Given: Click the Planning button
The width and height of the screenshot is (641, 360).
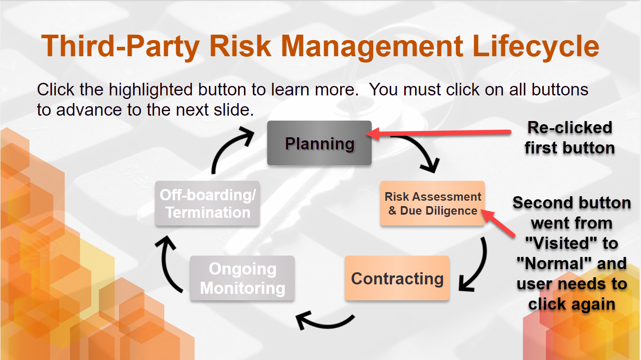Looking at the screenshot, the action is tap(319, 143).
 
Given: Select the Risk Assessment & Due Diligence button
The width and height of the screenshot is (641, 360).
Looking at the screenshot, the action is tap(433, 203).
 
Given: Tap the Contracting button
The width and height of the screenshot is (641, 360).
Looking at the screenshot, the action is tap(397, 278).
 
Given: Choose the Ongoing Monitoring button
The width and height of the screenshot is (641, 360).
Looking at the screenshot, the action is tap(242, 278).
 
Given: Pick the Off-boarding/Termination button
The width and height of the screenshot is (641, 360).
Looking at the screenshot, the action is tap(208, 203).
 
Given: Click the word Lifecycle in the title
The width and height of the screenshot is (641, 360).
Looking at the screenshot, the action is tap(536, 46).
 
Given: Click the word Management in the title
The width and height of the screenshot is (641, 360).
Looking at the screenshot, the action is tap(372, 46).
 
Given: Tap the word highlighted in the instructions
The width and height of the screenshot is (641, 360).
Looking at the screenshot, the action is tap(150, 90).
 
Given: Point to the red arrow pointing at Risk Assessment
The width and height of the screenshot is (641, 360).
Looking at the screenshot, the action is tap(498, 224).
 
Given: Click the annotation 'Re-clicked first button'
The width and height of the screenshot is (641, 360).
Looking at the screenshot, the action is tap(569, 138).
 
